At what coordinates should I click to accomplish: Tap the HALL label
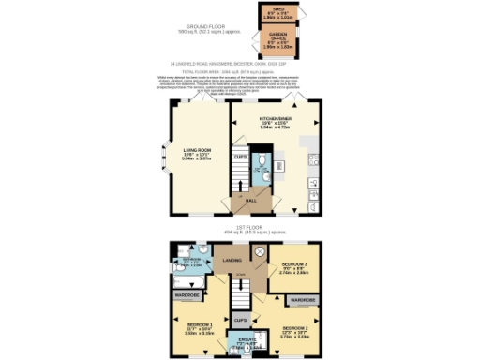coord(250,199)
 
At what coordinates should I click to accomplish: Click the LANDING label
coord(231,260)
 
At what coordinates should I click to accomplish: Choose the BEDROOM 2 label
coord(294,331)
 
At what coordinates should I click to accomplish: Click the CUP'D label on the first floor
coord(241,319)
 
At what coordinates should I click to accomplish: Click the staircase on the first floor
coord(241,294)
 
